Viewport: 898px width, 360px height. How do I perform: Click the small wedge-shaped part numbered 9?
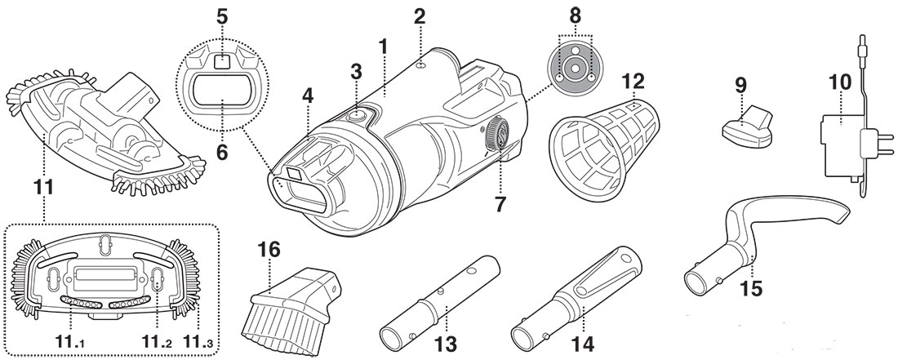745,125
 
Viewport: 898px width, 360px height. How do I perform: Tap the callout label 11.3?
198,342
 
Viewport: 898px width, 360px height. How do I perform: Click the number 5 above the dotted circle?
221,19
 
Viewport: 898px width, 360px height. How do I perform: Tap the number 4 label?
308,96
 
